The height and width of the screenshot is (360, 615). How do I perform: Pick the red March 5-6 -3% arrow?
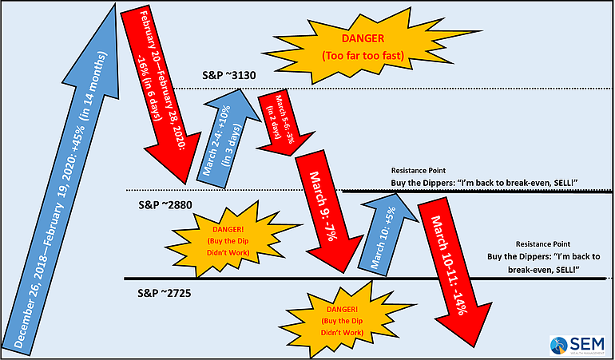click(280, 121)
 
